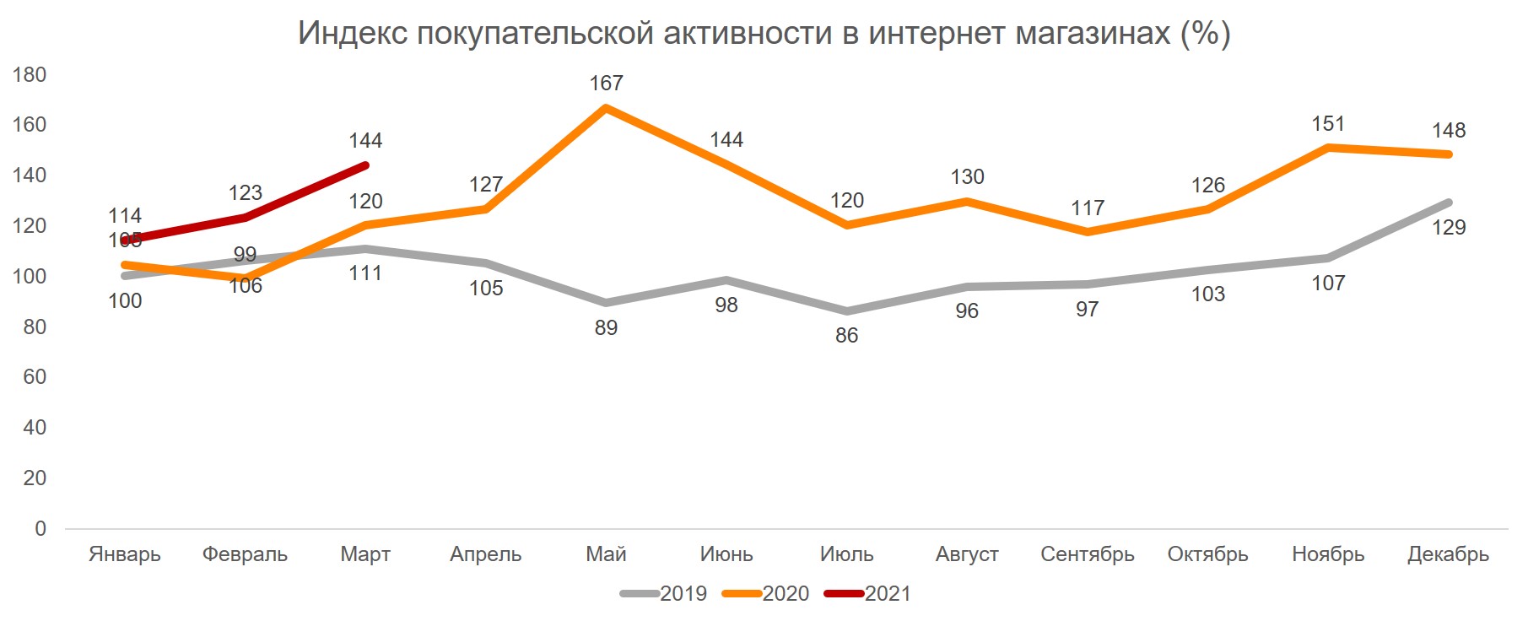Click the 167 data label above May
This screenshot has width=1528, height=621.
pyautogui.click(x=606, y=84)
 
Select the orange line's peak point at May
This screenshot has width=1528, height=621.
pyautogui.click(x=606, y=108)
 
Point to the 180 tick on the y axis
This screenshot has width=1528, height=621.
pyautogui.click(x=30, y=75)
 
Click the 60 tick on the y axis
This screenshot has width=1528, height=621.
pyautogui.click(x=35, y=377)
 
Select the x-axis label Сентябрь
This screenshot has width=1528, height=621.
pyautogui.click(x=1087, y=554)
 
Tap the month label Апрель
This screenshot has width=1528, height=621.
pyautogui.click(x=485, y=554)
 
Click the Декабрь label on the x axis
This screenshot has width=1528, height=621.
pyautogui.click(x=1448, y=554)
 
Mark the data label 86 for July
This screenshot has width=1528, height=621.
pyautogui.click(x=846, y=336)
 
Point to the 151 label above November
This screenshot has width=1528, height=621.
pyautogui.click(x=1327, y=124)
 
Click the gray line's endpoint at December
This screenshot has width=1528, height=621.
pyautogui.click(x=1448, y=202)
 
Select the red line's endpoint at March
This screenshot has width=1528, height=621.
pyautogui.click(x=365, y=165)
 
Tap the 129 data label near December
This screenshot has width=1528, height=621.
pyautogui.click(x=1448, y=228)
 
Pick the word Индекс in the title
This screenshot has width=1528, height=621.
pyautogui.click(x=353, y=34)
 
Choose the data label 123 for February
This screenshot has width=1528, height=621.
pyautogui.click(x=245, y=193)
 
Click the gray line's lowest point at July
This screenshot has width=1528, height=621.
pyautogui.click(x=846, y=311)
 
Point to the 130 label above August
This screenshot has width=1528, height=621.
pyautogui.click(x=967, y=177)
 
